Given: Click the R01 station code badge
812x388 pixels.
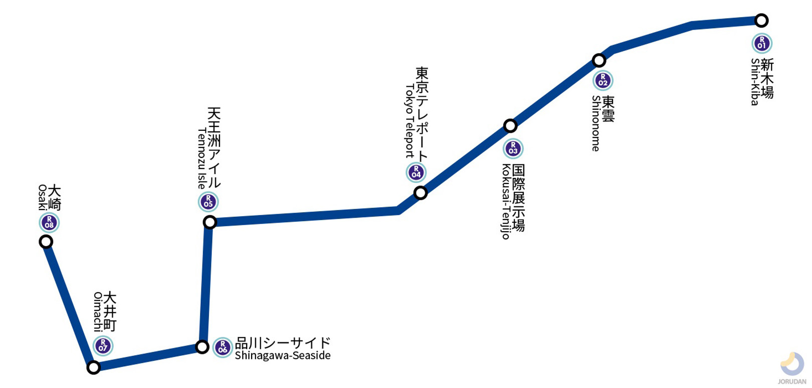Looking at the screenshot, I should (x=761, y=43).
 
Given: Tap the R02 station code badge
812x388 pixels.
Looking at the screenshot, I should (x=602, y=81).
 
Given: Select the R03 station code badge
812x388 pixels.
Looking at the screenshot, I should (x=513, y=148).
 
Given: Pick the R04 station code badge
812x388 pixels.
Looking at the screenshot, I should (x=416, y=172).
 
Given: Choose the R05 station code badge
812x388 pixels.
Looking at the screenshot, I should (x=208, y=202).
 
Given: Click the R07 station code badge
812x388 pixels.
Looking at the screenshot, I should (x=103, y=346).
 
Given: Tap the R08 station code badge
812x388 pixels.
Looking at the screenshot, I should (x=49, y=223).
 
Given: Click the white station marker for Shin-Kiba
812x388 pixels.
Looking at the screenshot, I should (x=761, y=21).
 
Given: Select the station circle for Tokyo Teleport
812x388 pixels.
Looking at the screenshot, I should (x=421, y=192).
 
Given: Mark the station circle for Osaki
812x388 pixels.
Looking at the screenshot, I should (x=46, y=242).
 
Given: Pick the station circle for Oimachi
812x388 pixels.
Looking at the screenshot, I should (x=93, y=367).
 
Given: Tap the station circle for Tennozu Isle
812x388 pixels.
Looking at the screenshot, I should (x=210, y=222).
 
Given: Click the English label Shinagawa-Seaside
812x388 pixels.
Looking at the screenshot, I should (x=282, y=356).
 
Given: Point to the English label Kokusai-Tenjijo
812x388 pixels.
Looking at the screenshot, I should (x=505, y=202).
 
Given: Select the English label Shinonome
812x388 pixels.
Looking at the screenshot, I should (x=595, y=123).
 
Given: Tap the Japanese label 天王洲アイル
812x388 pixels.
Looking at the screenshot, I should (x=214, y=147).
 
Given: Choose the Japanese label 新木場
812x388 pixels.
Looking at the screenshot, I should (x=767, y=78).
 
